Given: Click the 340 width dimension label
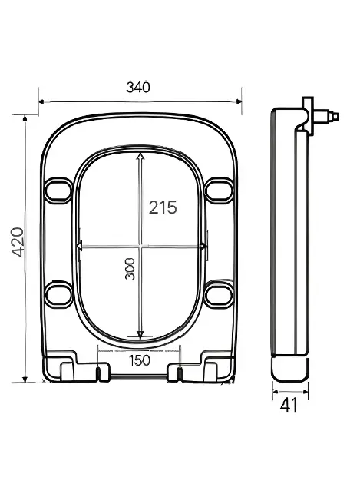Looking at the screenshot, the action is (x=138, y=88).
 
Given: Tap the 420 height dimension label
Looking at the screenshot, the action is (x=18, y=242).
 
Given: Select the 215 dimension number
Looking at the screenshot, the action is (x=163, y=207).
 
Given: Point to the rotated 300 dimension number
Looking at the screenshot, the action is (x=130, y=269).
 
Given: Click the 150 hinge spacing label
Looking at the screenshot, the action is (x=140, y=360).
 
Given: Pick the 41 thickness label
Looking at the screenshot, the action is (x=289, y=405).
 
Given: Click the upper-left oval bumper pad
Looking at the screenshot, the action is (x=58, y=191).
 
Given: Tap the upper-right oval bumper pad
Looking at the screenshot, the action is (x=220, y=191).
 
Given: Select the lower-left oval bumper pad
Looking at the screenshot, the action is (x=58, y=293).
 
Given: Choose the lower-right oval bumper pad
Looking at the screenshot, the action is (x=220, y=293).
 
